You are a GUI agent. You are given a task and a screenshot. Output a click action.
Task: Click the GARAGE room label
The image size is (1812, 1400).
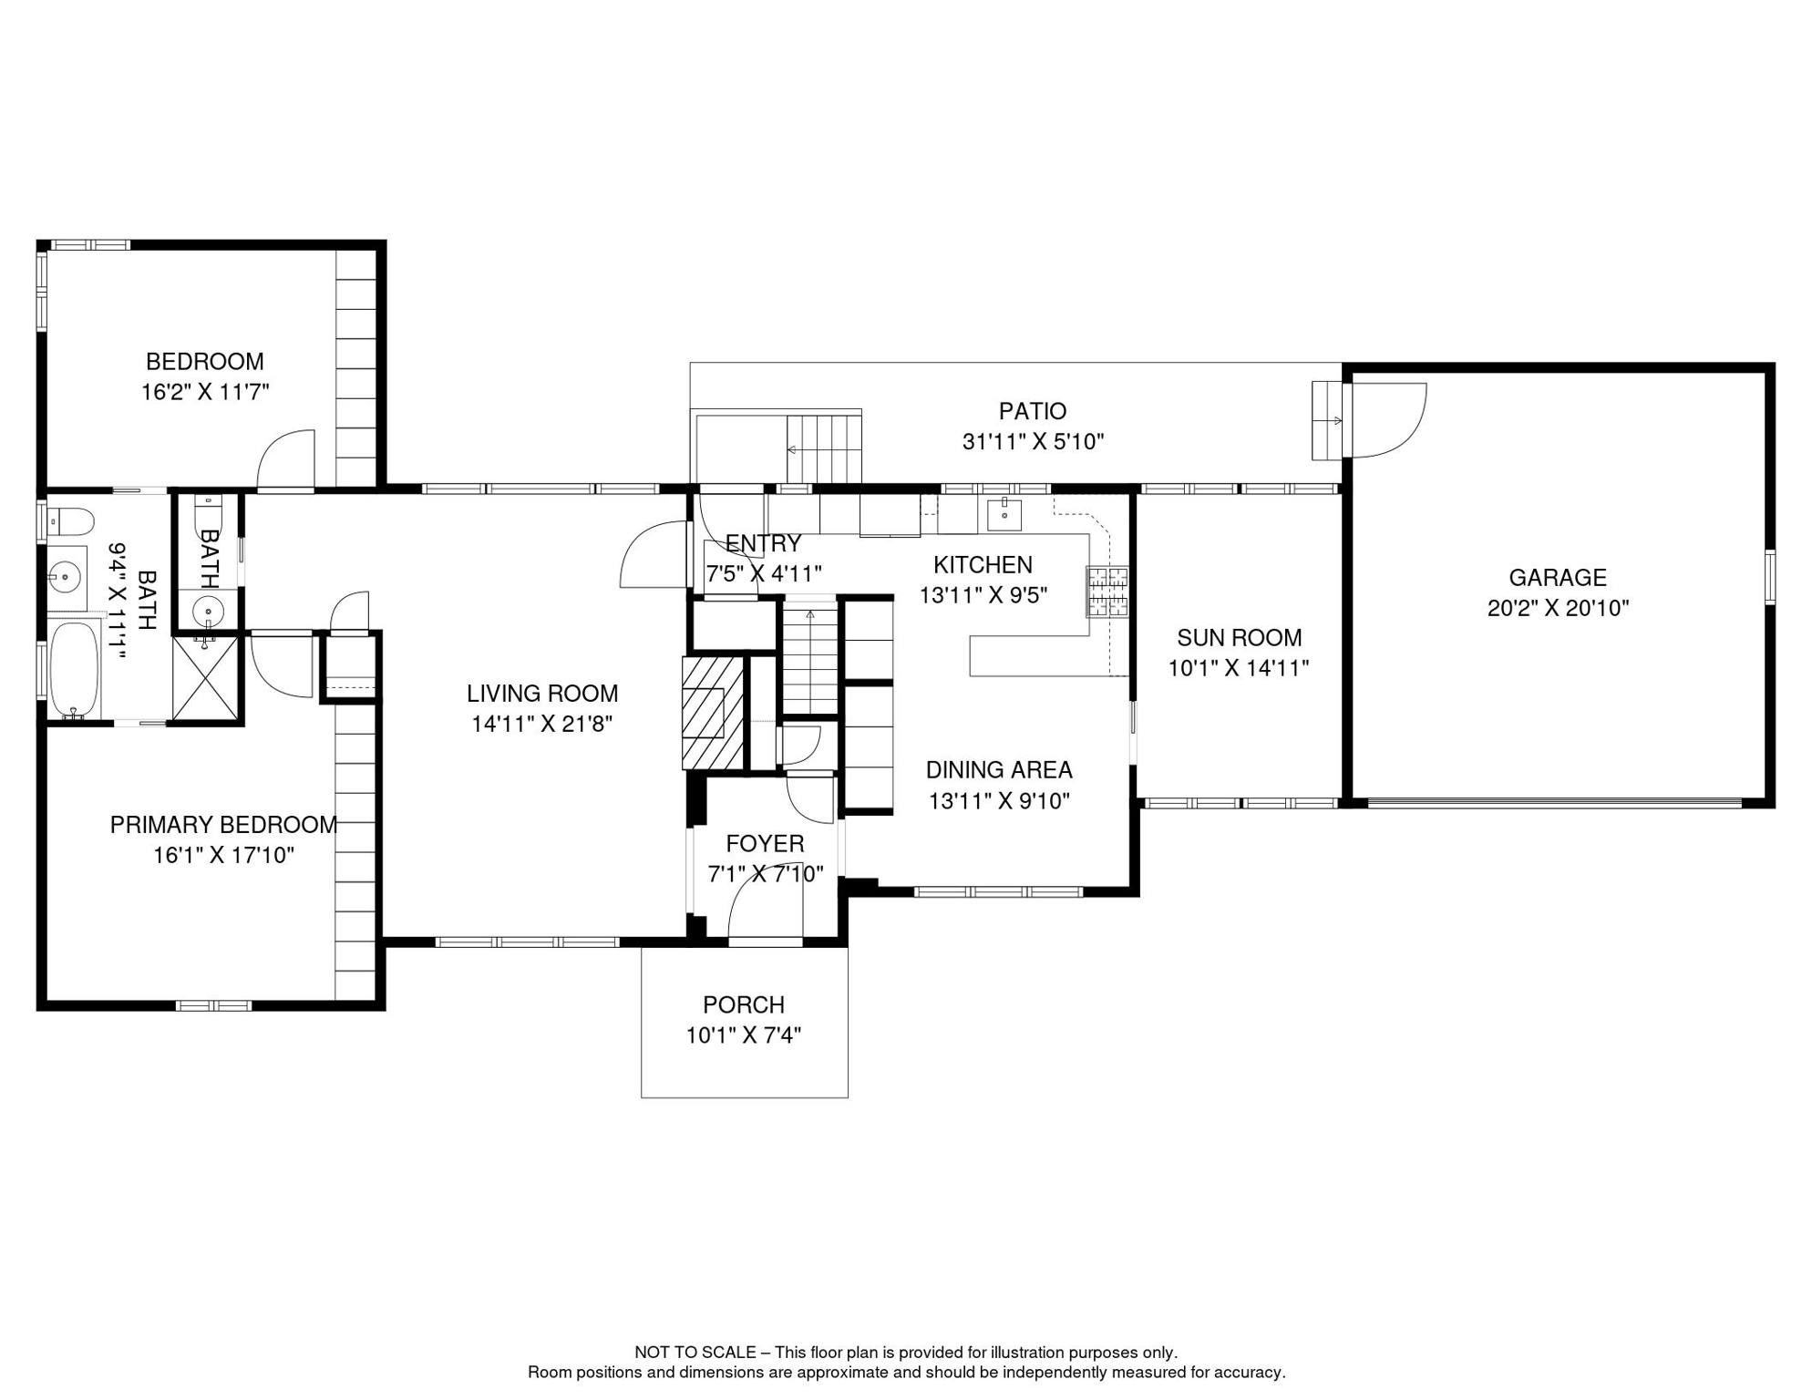pos(1557,577)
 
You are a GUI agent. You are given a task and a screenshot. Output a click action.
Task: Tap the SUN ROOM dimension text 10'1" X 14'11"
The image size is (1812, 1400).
pos(1239,668)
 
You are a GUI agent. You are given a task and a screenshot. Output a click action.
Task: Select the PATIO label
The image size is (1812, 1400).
pos(1032,411)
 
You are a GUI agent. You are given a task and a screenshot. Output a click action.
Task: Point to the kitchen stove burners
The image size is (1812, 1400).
pos(1107,592)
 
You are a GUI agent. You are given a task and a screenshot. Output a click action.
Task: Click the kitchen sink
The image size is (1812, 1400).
pos(1004,515)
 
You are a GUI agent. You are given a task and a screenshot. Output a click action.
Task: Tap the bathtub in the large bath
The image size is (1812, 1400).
pos(74,670)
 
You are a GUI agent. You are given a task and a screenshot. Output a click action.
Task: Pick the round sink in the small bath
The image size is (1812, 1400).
pos(208,609)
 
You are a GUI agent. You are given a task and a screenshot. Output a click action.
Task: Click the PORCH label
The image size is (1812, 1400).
pos(743,1004)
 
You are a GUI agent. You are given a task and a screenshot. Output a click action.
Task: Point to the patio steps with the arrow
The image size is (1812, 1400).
pos(824,448)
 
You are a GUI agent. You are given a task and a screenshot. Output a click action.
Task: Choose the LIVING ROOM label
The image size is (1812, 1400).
pos(542,694)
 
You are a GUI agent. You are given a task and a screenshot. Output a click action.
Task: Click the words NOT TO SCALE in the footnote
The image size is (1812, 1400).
pos(695,1353)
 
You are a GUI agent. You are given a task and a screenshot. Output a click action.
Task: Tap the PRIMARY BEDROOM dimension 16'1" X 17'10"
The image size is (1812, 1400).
pos(223,855)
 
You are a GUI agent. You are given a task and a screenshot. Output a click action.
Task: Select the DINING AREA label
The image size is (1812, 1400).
pos(999,770)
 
